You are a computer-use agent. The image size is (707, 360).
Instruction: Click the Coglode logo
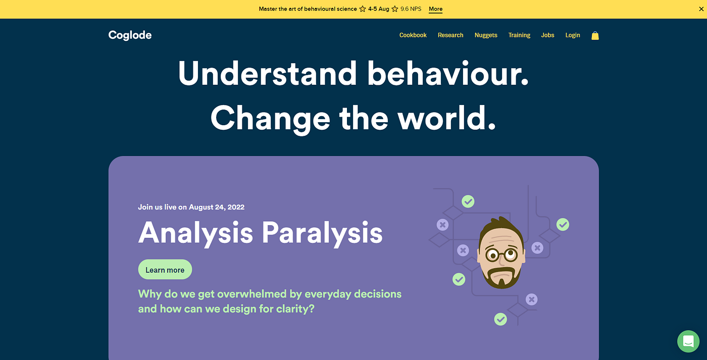click(130, 35)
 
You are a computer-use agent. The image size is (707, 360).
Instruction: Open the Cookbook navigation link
click(413, 35)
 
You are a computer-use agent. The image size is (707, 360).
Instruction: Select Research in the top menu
click(450, 35)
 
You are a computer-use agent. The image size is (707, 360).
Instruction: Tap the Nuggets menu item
click(486, 35)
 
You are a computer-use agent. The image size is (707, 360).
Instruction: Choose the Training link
click(519, 35)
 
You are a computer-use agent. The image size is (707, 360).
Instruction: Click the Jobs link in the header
click(547, 35)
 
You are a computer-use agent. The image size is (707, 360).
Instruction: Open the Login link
click(573, 35)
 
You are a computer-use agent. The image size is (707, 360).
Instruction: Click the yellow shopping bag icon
click(595, 36)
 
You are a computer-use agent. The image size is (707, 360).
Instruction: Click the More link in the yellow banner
click(435, 9)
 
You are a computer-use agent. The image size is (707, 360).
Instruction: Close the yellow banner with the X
click(701, 9)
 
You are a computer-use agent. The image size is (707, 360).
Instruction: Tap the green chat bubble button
click(688, 341)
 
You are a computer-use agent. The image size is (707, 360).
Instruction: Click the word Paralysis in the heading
click(322, 233)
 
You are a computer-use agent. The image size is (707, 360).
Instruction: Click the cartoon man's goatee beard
click(501, 278)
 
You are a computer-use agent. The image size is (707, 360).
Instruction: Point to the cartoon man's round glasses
click(501, 254)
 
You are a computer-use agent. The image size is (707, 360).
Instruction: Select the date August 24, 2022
click(217, 208)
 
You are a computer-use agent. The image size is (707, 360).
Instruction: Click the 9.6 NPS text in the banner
click(411, 9)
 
